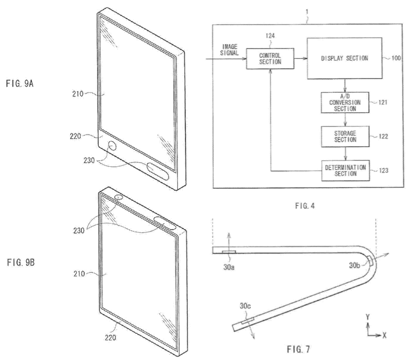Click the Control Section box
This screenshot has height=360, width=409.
pyautogui.click(x=270, y=59)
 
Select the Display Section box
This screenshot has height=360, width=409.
pyautogui.click(x=345, y=58)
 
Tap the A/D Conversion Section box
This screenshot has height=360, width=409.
pyautogui.click(x=345, y=102)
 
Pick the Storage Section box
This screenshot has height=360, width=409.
pyautogui.click(x=345, y=136)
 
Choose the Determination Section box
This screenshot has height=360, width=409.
pyautogui.click(x=345, y=171)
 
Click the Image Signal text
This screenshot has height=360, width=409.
pyautogui.click(x=229, y=50)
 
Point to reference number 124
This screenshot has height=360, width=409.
pyautogui.click(x=270, y=36)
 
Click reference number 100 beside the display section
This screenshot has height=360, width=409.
pyautogui.click(x=396, y=58)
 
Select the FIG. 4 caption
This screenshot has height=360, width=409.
pyautogui.click(x=305, y=206)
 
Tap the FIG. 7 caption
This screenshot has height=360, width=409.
pyautogui.click(x=298, y=349)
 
